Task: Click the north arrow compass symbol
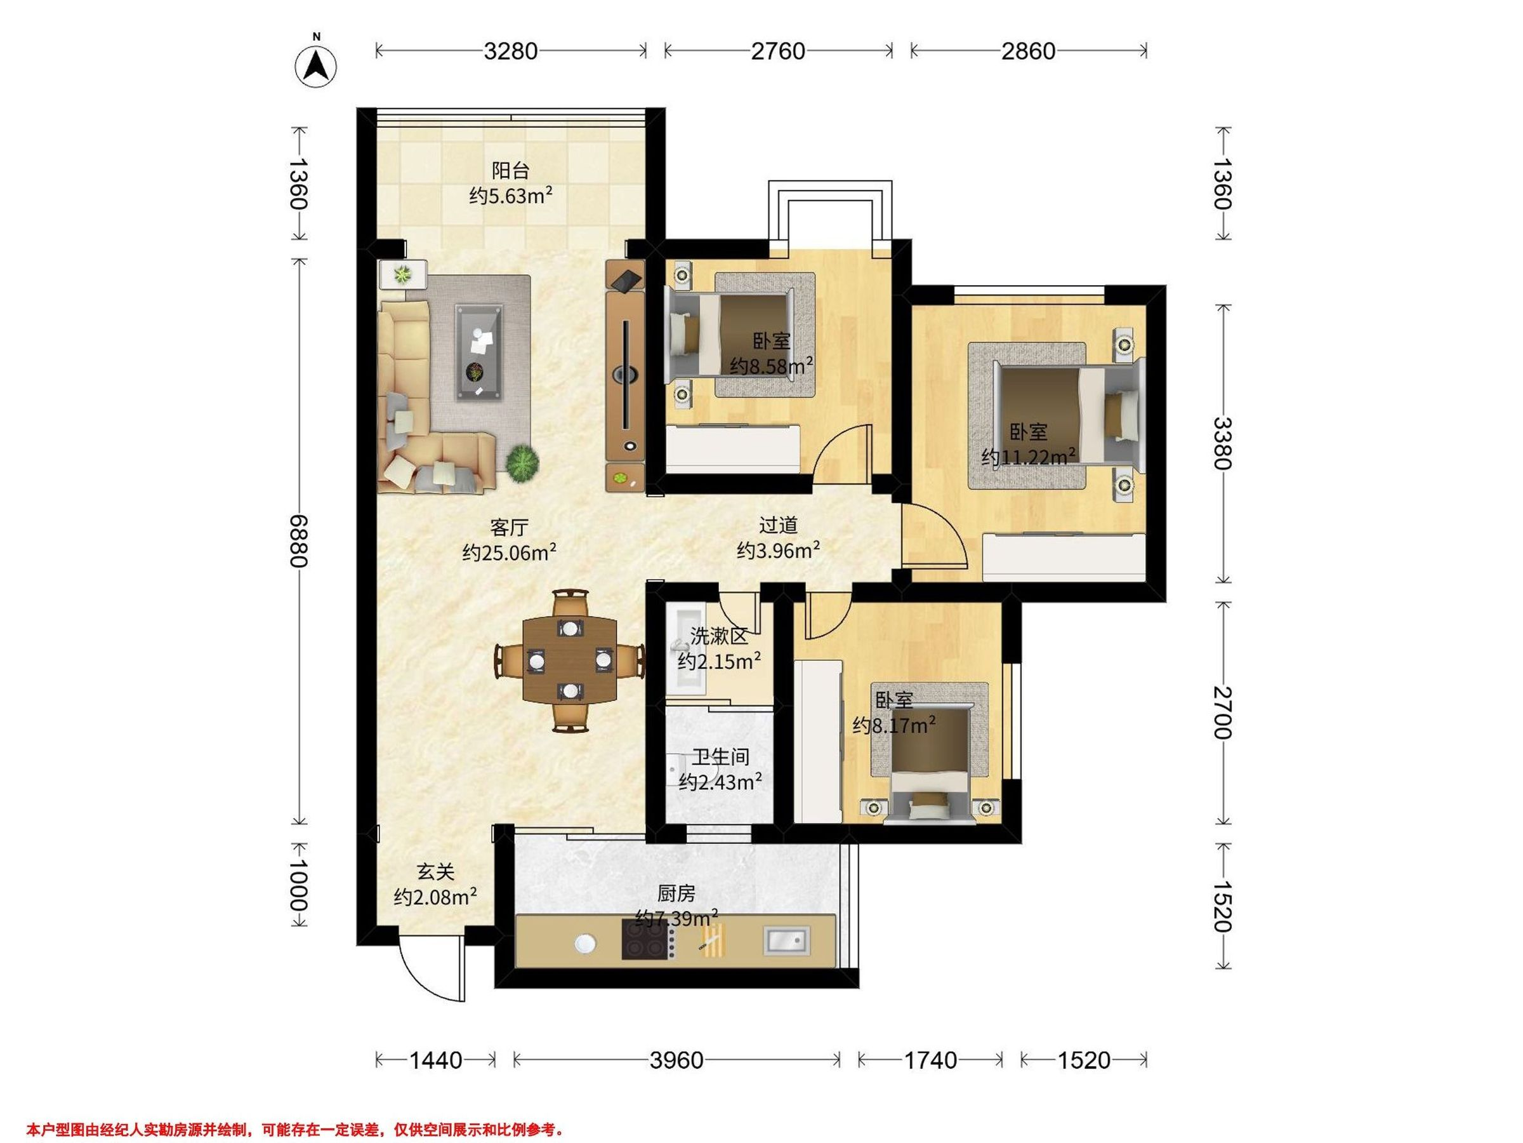316,66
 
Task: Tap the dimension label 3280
510,51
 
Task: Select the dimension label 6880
298,540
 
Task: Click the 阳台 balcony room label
510,170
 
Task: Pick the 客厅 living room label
510,528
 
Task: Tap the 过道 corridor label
778,526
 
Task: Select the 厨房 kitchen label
676,893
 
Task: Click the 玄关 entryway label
436,872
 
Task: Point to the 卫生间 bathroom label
720,757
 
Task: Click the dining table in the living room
570,660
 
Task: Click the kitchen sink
786,940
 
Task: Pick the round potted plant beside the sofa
522,463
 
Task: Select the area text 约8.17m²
893,725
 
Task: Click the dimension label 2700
1223,712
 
